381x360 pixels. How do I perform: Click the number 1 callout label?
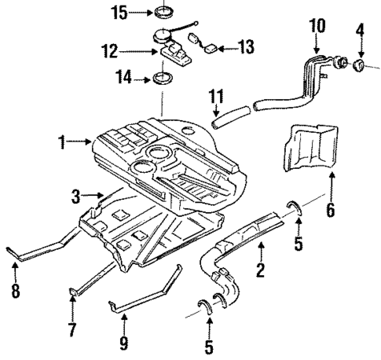[x=61, y=142]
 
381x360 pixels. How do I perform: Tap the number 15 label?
[x=118, y=13]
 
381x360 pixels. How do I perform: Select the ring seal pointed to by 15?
[x=164, y=13]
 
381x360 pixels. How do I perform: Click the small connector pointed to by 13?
[x=213, y=48]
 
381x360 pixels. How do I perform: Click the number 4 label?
[x=360, y=31]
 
